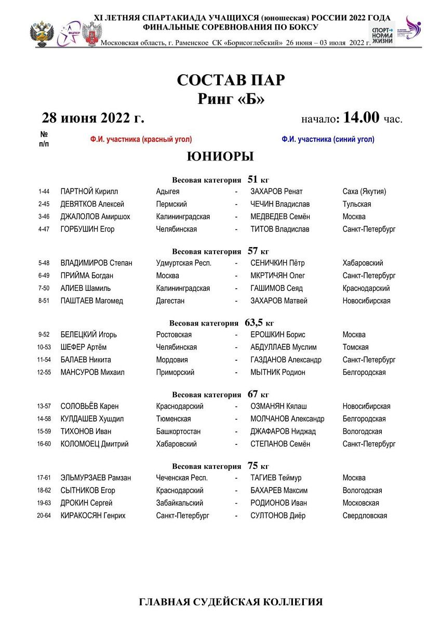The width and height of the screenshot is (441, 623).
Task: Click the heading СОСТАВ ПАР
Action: (231, 80)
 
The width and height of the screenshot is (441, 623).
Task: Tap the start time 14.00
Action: (361, 117)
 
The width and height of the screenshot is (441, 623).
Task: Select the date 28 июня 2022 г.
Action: (93, 118)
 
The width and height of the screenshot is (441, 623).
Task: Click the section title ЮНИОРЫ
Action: (220, 156)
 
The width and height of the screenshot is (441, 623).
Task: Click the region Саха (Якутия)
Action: (364, 192)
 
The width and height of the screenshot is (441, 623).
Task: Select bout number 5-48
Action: (44, 263)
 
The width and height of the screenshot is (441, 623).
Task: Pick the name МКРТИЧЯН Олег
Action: (277, 276)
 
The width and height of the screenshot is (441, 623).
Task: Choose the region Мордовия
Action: (172, 360)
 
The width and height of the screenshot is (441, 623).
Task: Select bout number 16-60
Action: (44, 444)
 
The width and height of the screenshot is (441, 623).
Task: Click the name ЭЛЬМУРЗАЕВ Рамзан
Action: (96, 478)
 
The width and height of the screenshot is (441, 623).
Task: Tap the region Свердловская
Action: (365, 516)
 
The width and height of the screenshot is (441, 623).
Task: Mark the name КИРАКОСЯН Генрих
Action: (93, 516)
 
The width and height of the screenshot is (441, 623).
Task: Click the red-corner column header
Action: (141, 139)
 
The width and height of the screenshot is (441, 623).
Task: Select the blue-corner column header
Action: (328, 139)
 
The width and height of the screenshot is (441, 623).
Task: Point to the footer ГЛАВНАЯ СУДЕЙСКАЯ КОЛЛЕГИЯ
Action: (231, 602)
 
